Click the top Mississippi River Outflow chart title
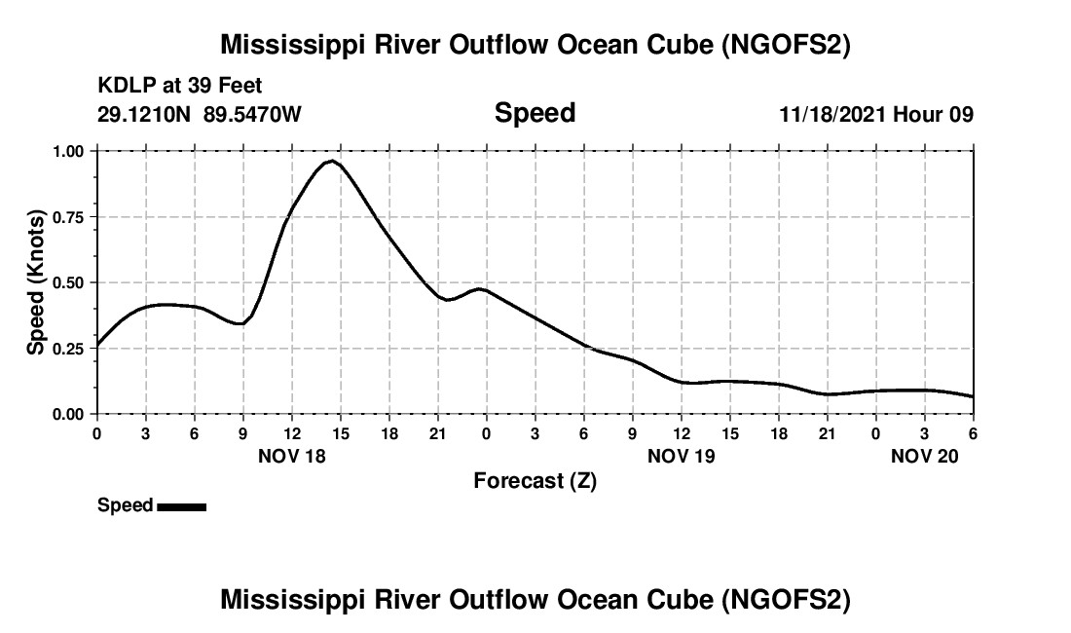[535, 45]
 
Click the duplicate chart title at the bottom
[535, 600]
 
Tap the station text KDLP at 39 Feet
[180, 87]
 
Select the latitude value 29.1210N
[146, 115]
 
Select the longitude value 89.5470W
[252, 115]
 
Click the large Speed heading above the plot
[535, 113]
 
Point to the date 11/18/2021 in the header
[831, 115]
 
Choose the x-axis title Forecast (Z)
[535, 480]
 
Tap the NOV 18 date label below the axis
[292, 456]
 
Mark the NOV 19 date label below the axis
[682, 456]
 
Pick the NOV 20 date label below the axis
[925, 456]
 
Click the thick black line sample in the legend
[181, 506]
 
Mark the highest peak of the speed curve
[333, 161]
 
